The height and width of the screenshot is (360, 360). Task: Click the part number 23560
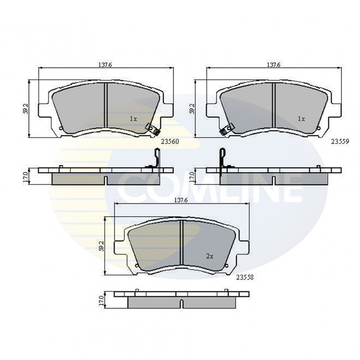coord(169,142)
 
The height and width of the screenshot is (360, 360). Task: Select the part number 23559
coord(340,142)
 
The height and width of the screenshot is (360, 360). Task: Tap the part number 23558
coord(245,277)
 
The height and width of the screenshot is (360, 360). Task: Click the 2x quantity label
coord(209,256)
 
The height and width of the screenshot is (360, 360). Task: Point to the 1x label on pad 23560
coord(133,119)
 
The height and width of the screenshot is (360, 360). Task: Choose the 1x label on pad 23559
coord(301,119)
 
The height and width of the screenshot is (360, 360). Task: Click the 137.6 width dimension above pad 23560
coord(105,65)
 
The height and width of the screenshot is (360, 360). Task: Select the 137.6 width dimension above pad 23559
coord(273,65)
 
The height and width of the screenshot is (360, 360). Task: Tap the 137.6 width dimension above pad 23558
coord(181,200)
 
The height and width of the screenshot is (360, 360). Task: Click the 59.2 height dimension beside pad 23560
coord(26,109)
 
